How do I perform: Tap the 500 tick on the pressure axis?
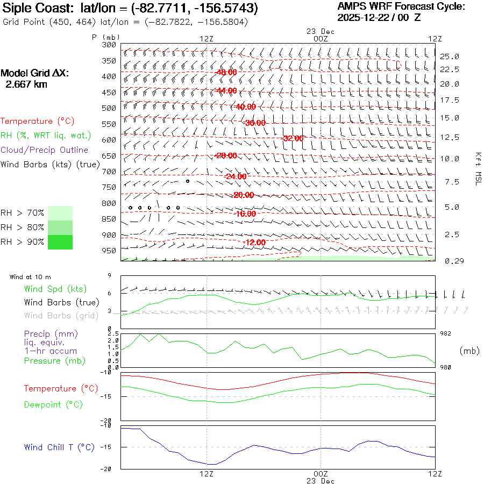coord(109,108)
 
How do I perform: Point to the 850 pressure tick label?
coord(109,219)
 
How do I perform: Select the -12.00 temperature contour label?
coord(254,243)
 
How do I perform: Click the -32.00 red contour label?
coord(292,138)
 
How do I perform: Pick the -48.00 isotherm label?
coord(225,72)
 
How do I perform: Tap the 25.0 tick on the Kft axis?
coord(449,56)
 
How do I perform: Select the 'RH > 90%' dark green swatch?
coord(60,242)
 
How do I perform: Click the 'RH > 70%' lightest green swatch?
coord(60,213)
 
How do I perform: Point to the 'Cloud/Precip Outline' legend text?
coord(44,150)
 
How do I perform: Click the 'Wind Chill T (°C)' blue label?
coord(59,447)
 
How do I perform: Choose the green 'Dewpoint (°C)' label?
coord(53,404)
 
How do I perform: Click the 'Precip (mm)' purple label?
coord(47,334)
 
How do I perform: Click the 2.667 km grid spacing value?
coord(26,84)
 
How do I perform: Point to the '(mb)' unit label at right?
coord(469,351)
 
